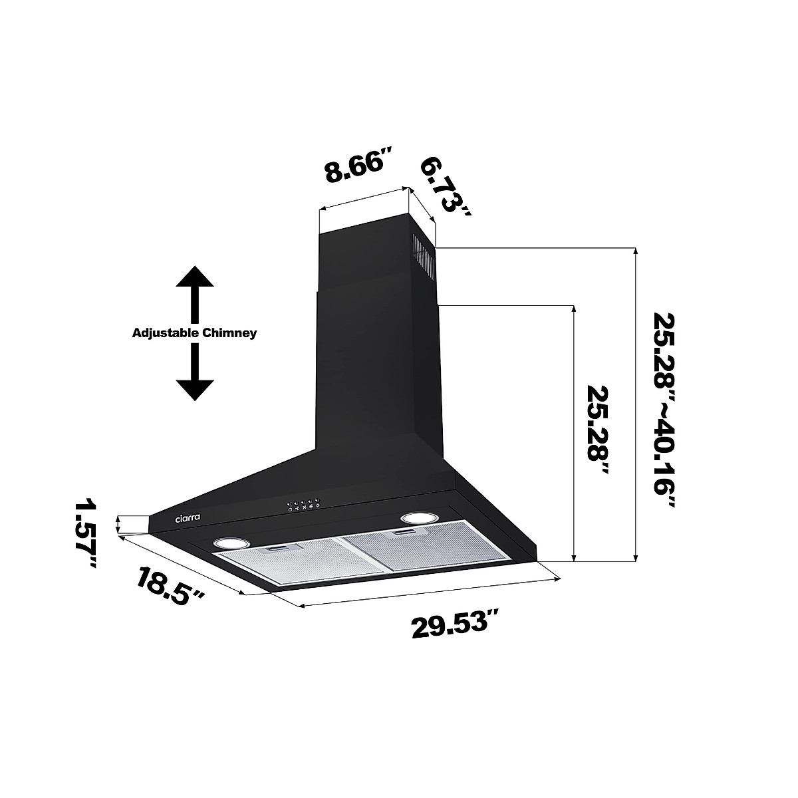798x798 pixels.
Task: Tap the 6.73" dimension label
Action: point(446,186)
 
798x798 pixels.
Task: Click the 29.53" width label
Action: point(456,626)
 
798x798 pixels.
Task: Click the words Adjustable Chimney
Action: point(194,332)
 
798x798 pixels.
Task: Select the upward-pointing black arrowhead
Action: point(194,278)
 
